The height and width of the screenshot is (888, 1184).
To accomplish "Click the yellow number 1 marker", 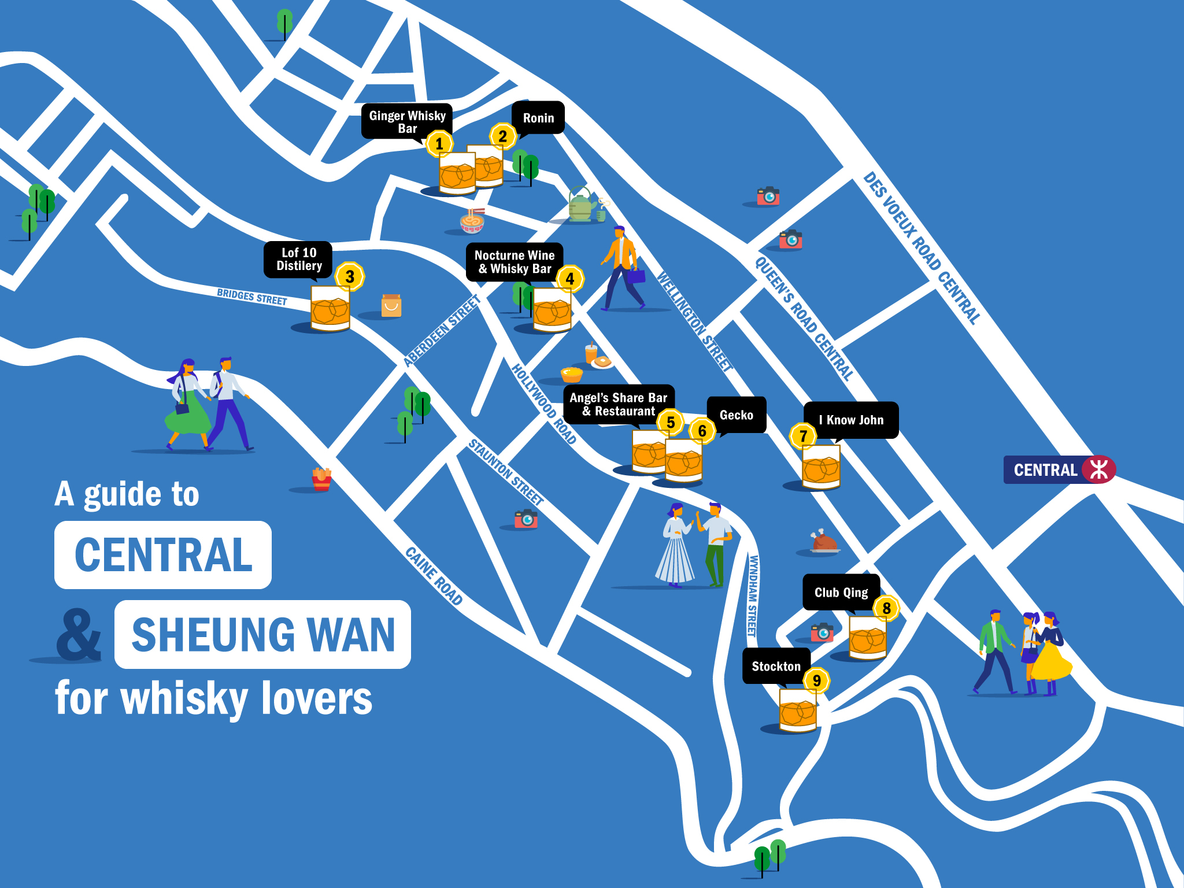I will pos(439,143).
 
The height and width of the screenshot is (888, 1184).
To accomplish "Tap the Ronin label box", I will pos(538,118).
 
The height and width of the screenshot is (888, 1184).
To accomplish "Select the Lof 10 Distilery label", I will pos(298,260).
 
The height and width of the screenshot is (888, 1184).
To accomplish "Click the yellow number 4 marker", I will pos(570,279).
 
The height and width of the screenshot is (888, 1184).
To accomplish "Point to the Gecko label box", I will pos(736,415).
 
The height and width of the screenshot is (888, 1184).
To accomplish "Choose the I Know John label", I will pos(851,420).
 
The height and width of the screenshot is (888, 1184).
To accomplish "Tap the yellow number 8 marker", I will pos(886,608).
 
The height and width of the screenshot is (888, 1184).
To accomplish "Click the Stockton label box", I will pos(776,667).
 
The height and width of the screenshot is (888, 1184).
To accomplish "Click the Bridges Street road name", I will pos(252,297).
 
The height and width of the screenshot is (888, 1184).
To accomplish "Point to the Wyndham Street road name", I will pos(752,595).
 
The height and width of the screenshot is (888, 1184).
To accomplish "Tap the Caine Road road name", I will pos(434,576).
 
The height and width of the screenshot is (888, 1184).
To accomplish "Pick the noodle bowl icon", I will pos(472,221).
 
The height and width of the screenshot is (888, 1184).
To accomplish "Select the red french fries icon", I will pos(321,479).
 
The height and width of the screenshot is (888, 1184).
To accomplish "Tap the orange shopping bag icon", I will pos(391,306).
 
